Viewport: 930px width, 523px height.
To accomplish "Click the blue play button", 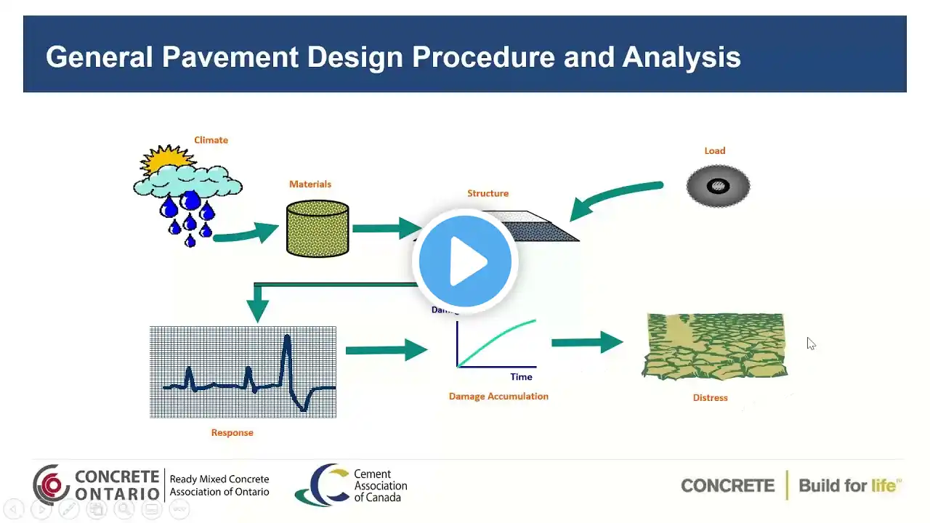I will click(x=465, y=261).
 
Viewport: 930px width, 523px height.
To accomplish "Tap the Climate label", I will click(x=211, y=140).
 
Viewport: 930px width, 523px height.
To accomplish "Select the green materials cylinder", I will click(x=318, y=229).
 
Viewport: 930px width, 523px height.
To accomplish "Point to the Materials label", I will click(x=310, y=185).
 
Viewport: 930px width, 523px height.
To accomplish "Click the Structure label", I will click(x=488, y=193).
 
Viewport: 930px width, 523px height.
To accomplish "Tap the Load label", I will click(x=714, y=151).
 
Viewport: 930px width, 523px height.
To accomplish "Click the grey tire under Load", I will click(x=718, y=186).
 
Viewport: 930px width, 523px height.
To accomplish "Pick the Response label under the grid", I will click(x=232, y=433).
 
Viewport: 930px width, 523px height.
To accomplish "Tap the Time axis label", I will click(x=521, y=377).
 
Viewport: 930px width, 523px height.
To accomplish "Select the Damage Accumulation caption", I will click(x=498, y=397).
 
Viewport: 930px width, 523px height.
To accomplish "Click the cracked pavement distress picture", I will click(x=715, y=346).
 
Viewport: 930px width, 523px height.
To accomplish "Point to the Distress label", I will click(x=710, y=398).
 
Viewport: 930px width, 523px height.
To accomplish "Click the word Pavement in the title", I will click(x=230, y=57).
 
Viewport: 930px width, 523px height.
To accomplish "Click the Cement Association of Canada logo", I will click(x=352, y=485).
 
